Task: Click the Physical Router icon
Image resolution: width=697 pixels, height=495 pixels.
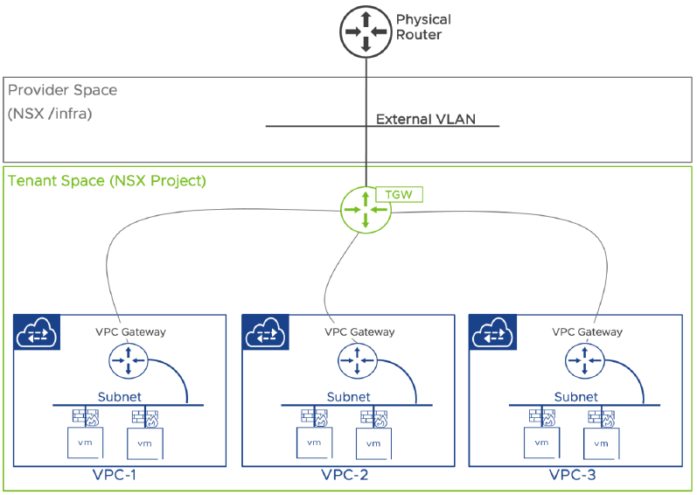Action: point(366,31)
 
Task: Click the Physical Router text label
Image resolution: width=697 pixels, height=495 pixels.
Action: point(423,27)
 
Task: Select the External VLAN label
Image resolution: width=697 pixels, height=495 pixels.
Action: point(425,120)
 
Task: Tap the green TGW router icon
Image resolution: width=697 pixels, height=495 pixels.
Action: point(366,212)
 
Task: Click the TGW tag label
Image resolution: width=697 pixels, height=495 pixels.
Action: point(400,193)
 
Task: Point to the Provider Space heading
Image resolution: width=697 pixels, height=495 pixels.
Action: point(62,91)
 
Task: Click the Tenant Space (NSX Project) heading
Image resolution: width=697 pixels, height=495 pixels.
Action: point(107,181)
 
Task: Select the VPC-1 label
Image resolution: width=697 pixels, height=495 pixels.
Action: point(115,477)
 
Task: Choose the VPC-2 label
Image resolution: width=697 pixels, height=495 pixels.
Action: point(344,477)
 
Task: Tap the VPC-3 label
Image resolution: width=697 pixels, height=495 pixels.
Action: point(573,477)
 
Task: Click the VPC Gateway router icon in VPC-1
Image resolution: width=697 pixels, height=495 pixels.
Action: point(128,359)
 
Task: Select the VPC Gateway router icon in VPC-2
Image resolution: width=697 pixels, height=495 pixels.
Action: point(357,359)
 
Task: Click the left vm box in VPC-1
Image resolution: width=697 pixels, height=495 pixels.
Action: point(86,442)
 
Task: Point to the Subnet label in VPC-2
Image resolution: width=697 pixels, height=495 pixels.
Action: point(348,396)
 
